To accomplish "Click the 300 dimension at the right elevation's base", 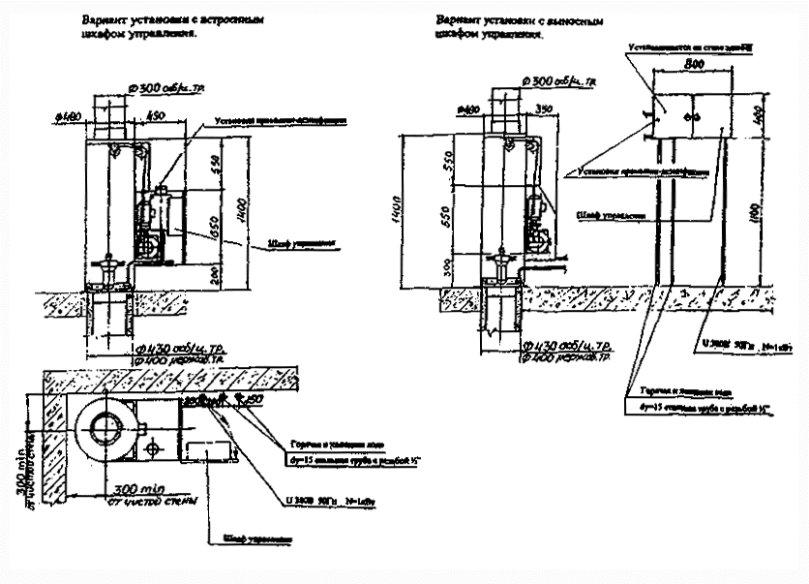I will (446, 264).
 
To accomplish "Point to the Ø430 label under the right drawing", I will (567, 345).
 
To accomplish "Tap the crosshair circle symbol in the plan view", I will (152, 450).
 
